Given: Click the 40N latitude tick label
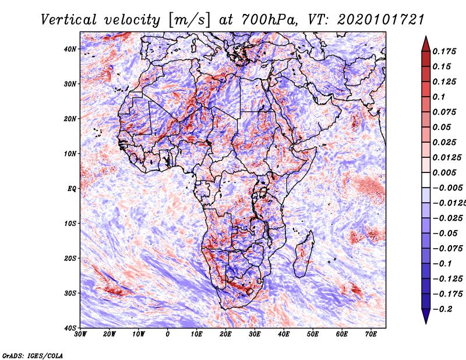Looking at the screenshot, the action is point(70,49).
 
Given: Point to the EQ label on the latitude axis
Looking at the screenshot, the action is point(72,189).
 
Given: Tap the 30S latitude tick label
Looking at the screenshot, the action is point(70,293).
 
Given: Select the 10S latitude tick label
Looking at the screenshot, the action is point(70,223).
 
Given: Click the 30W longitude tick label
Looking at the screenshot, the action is point(80,334).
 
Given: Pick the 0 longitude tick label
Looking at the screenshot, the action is point(168,334).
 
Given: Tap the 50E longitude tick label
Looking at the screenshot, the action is point(313,334).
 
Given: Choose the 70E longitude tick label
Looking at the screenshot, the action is point(370,334).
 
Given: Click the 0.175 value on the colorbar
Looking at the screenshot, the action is point(444,51).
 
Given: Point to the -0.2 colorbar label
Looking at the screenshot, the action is point(443,309).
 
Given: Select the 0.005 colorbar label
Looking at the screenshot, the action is point(444,172).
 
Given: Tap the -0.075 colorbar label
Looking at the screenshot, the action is point(447,249).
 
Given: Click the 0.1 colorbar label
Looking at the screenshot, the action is point(439,97).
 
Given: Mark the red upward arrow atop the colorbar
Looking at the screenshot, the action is point(426,44).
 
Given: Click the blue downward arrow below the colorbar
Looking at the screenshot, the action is point(426,316).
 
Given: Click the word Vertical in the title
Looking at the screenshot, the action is point(69,20).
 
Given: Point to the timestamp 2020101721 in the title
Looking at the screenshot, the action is point(381,20).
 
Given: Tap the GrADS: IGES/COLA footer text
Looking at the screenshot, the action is point(33,356).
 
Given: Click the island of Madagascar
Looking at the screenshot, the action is point(303,253).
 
